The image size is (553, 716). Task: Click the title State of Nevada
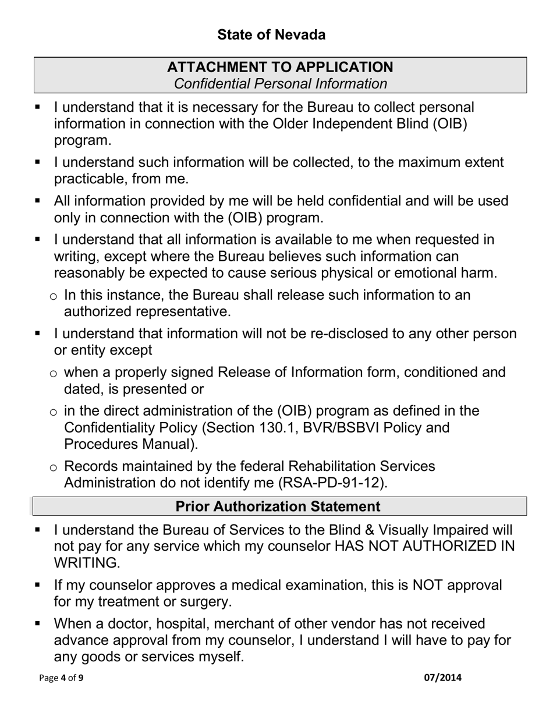271,35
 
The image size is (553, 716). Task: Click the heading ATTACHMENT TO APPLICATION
280,67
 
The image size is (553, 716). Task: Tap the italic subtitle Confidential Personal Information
280,84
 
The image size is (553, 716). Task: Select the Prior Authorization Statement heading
278,506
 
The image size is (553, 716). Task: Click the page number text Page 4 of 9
61,678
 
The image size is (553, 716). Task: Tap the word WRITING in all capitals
86,563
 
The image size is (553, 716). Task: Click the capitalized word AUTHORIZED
434,547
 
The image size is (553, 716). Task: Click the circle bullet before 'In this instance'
54,297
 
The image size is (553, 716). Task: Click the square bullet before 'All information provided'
38,200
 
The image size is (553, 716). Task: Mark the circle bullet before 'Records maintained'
54,467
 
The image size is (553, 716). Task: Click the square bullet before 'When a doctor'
38,623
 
